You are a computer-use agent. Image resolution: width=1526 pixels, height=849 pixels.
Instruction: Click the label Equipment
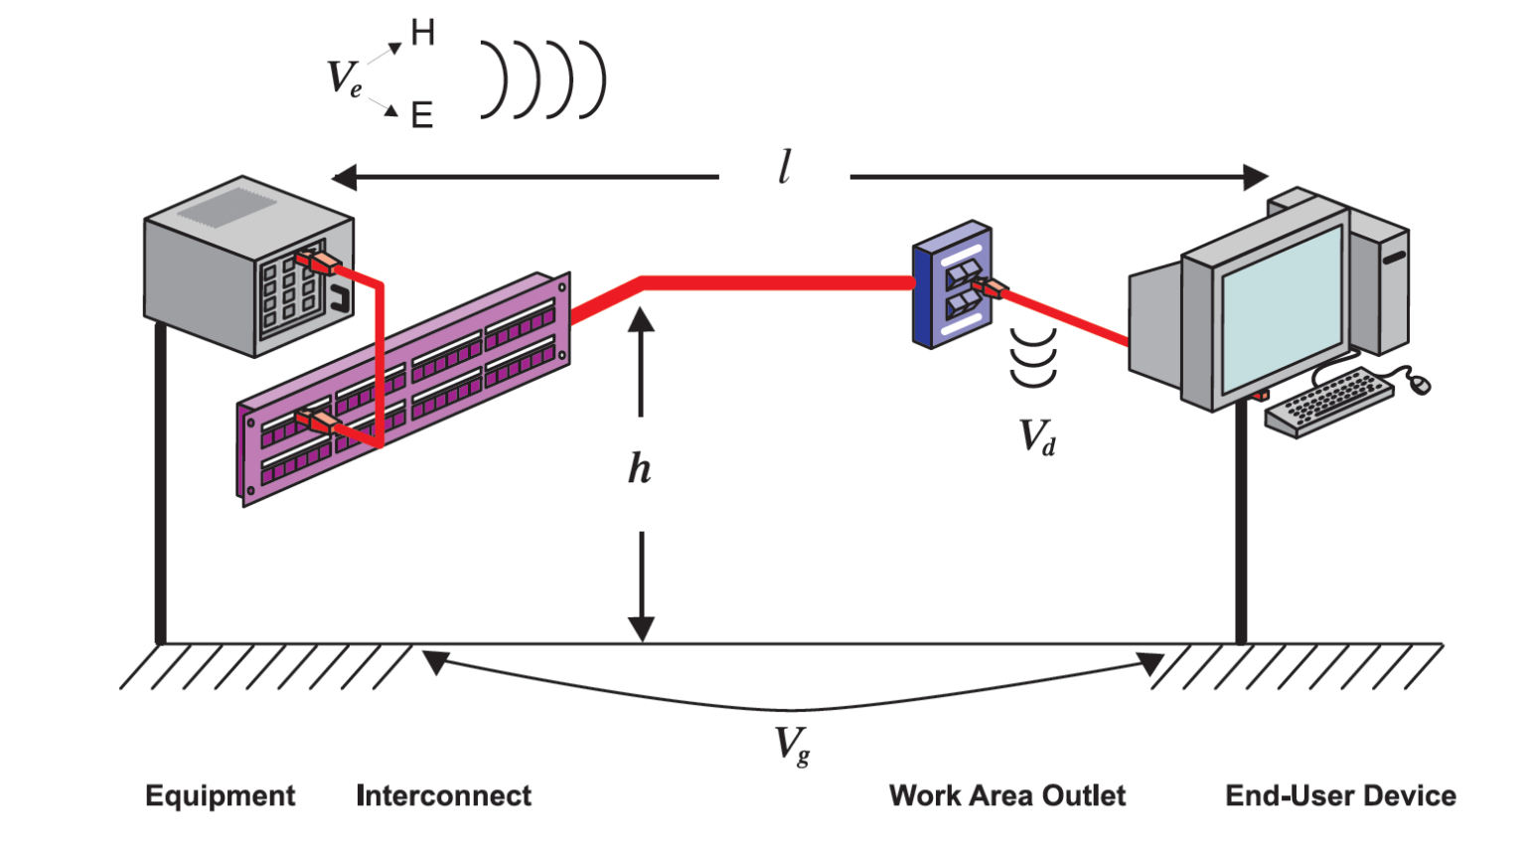click(x=220, y=795)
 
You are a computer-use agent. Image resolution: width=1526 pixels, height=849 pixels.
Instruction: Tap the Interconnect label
click(x=443, y=795)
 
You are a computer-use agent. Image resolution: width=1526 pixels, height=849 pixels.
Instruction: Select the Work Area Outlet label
click(x=1006, y=795)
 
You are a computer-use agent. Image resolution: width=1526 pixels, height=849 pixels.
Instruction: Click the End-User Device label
click(x=1340, y=795)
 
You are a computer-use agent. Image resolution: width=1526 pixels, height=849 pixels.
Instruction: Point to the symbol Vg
click(x=792, y=745)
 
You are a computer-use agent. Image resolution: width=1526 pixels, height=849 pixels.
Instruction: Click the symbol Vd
click(x=1037, y=436)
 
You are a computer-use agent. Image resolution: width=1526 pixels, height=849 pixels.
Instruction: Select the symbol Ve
click(x=344, y=78)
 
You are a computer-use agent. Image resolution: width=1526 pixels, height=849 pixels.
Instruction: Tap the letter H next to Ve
click(x=422, y=34)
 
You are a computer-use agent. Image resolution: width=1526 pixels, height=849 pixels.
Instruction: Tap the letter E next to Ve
click(x=422, y=115)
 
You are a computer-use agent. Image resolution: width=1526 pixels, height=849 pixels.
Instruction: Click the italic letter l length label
click(x=785, y=167)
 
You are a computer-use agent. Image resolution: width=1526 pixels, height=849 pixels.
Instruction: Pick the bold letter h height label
click(x=640, y=467)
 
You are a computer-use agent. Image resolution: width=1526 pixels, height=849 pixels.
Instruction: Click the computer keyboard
click(x=1328, y=401)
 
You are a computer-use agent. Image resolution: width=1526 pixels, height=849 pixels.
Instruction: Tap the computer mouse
click(x=1420, y=384)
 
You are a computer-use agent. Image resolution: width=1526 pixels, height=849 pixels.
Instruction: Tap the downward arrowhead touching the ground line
click(x=641, y=629)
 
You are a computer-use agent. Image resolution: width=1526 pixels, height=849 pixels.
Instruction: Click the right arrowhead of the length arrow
click(x=1256, y=178)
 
